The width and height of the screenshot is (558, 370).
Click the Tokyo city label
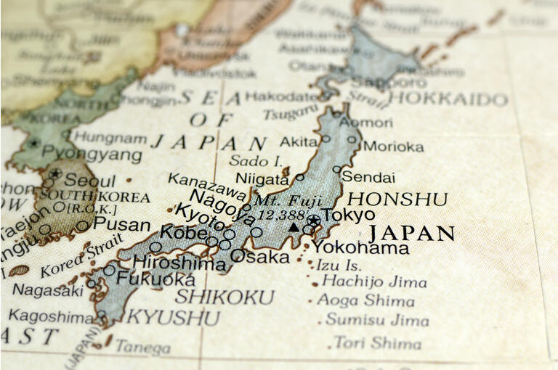point(349,215)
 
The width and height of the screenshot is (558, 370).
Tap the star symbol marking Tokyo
point(313,220)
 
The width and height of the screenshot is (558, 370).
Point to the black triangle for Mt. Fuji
point(294,227)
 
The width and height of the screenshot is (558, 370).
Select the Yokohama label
point(360,247)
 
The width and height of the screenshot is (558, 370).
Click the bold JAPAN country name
point(411,234)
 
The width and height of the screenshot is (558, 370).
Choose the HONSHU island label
point(397,199)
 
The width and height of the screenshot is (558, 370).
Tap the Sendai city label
point(368,177)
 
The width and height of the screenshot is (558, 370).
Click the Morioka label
point(393,147)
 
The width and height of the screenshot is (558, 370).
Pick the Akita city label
point(299,141)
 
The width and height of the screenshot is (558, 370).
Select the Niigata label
point(262,178)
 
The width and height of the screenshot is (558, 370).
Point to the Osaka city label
point(259,257)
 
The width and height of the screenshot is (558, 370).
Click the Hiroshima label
point(179,263)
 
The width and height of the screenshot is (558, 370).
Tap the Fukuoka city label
point(155,279)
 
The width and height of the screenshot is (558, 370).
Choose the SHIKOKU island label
point(225,297)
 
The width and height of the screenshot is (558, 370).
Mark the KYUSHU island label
point(173,318)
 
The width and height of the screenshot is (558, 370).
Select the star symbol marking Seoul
point(55,173)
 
